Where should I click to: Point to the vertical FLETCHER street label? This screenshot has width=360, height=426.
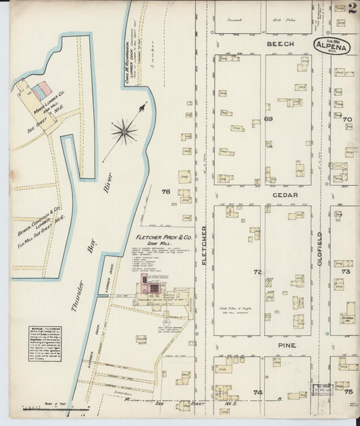point(204,244)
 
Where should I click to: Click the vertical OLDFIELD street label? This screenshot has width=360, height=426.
point(320,248)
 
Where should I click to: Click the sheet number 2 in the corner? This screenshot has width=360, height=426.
point(353,8)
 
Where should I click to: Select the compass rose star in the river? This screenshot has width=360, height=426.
point(124,131)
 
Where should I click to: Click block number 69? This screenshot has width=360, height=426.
point(267,119)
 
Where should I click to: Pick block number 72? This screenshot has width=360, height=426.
point(257,272)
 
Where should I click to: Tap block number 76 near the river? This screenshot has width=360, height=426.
point(165,192)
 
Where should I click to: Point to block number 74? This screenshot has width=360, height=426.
point(257,392)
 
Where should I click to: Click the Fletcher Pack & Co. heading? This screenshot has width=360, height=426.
point(163,238)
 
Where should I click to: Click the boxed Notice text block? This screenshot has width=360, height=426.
point(45,344)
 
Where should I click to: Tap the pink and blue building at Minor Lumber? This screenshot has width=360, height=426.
point(41,90)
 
